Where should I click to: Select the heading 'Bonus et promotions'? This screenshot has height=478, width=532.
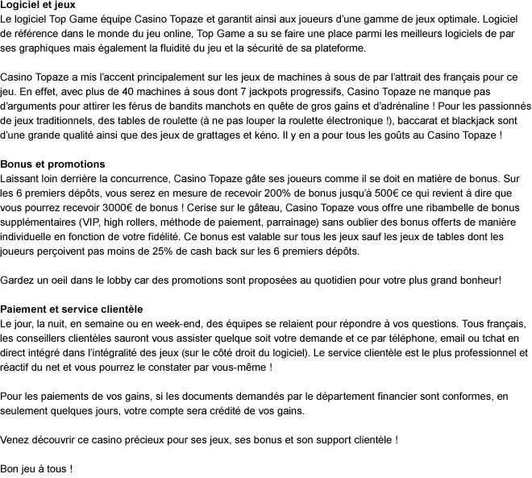52,164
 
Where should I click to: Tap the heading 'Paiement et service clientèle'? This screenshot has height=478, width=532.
72,309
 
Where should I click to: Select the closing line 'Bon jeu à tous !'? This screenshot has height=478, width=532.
36,468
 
